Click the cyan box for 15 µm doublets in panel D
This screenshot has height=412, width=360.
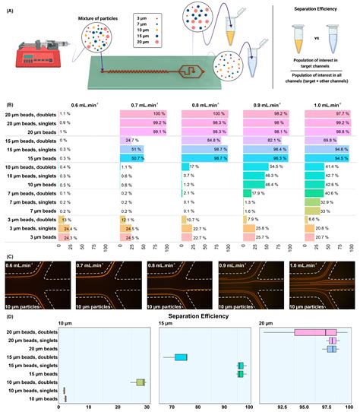coord(181,357)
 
